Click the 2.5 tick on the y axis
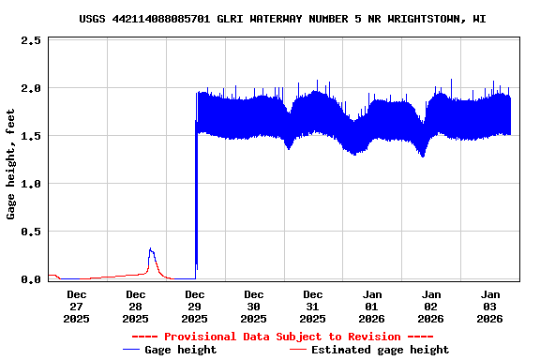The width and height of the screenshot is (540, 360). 30,40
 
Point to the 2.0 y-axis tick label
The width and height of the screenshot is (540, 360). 30,88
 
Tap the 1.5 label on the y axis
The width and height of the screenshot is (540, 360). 30,136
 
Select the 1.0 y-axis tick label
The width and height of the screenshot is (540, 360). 30,184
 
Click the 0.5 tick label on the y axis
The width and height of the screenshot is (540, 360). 30,232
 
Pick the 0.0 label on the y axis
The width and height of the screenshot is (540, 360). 30,279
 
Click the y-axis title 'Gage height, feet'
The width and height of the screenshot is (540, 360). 10,163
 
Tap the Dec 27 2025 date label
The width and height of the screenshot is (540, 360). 77,306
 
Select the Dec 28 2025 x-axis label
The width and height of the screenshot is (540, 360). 136,306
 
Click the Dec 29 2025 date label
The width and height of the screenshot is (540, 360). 195,306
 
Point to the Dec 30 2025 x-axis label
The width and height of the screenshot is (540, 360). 254,306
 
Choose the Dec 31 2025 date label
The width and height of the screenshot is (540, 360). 313,306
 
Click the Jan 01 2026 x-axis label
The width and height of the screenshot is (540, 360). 372,306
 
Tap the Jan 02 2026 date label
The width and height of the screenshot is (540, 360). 431,306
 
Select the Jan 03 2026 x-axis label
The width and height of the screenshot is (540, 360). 490,306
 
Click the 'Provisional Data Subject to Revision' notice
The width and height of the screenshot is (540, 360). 282,337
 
